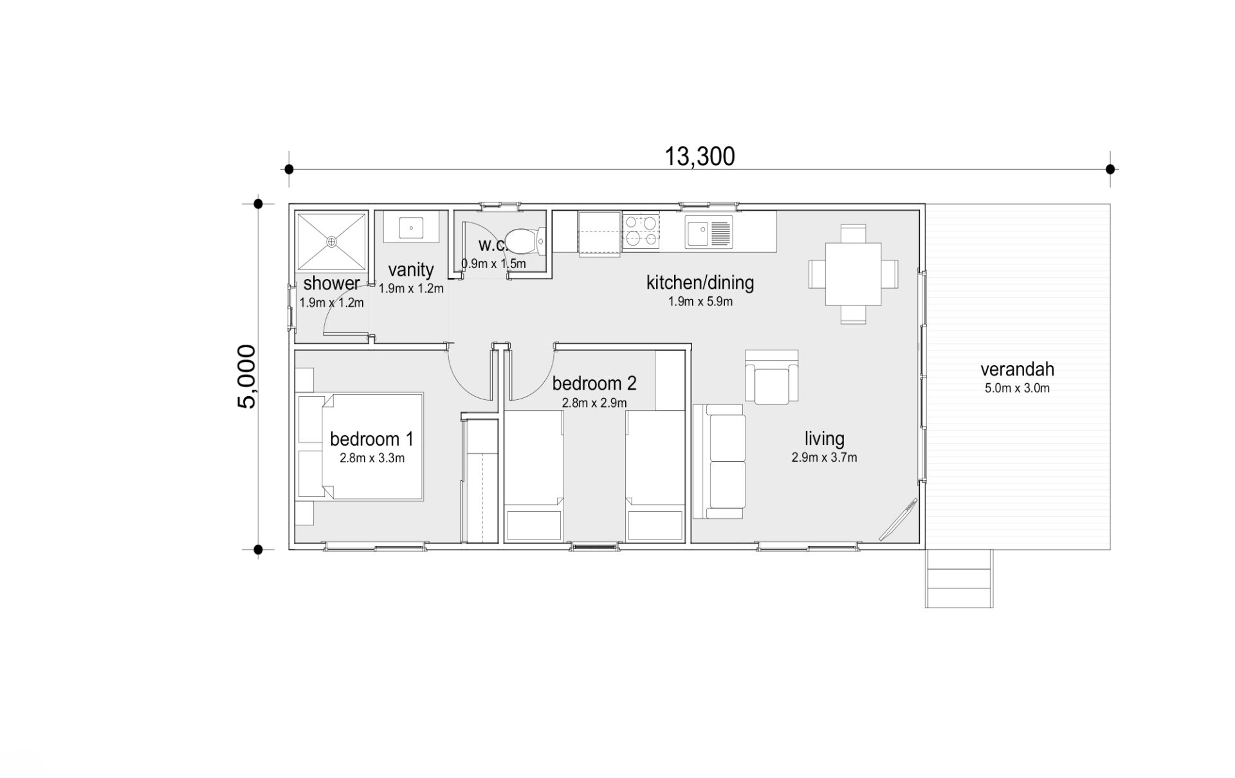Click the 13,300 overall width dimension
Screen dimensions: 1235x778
coord(699,156)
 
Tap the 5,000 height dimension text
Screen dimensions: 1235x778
coord(247,377)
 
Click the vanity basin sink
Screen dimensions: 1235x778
coord(411,227)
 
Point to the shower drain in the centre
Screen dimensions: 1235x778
coord(331,242)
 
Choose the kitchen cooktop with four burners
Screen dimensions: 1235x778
coord(641,231)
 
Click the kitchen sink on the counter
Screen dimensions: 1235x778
coord(709,232)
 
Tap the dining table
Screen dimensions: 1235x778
coord(853,274)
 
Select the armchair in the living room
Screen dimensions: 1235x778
coord(772,377)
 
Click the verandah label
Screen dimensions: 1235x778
coord(1017,370)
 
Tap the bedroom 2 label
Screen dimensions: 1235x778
coord(594,384)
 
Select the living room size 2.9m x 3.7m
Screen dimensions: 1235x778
coord(824,458)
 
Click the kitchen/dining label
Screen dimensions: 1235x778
coord(700,282)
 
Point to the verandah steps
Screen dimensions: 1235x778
coord(959,579)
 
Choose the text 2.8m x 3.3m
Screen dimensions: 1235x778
coord(372,458)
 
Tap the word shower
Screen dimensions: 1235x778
coord(331,284)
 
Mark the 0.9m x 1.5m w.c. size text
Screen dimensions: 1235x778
coord(493,264)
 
